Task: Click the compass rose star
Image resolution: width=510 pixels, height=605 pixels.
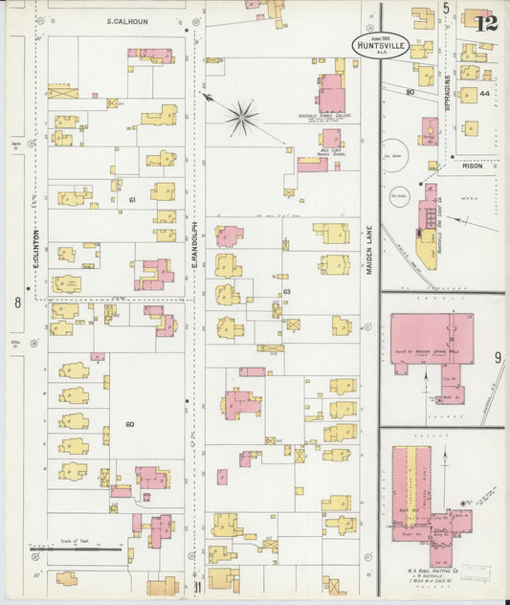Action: pyautogui.click(x=242, y=118)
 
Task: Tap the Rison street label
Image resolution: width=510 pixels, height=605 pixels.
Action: pyautogui.click(x=472, y=165)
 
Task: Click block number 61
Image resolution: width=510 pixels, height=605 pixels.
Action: pyautogui.click(x=134, y=199)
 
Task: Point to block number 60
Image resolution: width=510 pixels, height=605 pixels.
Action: pyautogui.click(x=130, y=422)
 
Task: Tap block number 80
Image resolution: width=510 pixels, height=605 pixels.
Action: pyautogui.click(x=409, y=92)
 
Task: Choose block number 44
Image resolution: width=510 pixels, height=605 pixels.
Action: pyautogui.click(x=484, y=94)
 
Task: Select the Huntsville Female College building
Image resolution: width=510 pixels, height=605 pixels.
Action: pyautogui.click(x=330, y=96)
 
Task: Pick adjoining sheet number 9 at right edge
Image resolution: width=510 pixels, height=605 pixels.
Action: pyautogui.click(x=498, y=358)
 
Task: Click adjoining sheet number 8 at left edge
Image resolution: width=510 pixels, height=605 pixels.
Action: pyautogui.click(x=17, y=302)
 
